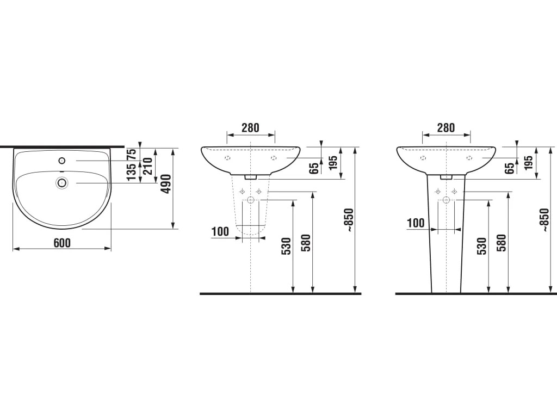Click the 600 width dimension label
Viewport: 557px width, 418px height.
tap(62, 243)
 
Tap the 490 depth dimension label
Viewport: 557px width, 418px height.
tap(165, 184)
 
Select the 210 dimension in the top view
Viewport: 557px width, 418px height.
tap(147, 165)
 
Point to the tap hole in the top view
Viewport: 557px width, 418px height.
tap(62, 161)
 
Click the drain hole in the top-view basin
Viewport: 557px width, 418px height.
tap(62, 183)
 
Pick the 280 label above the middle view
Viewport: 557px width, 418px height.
tap(250, 127)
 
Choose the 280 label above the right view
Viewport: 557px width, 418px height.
tap(446, 127)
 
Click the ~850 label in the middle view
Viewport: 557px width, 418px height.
tap(349, 220)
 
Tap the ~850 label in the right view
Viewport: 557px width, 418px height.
tap(544, 220)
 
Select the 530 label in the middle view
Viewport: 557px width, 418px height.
tap(286, 245)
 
